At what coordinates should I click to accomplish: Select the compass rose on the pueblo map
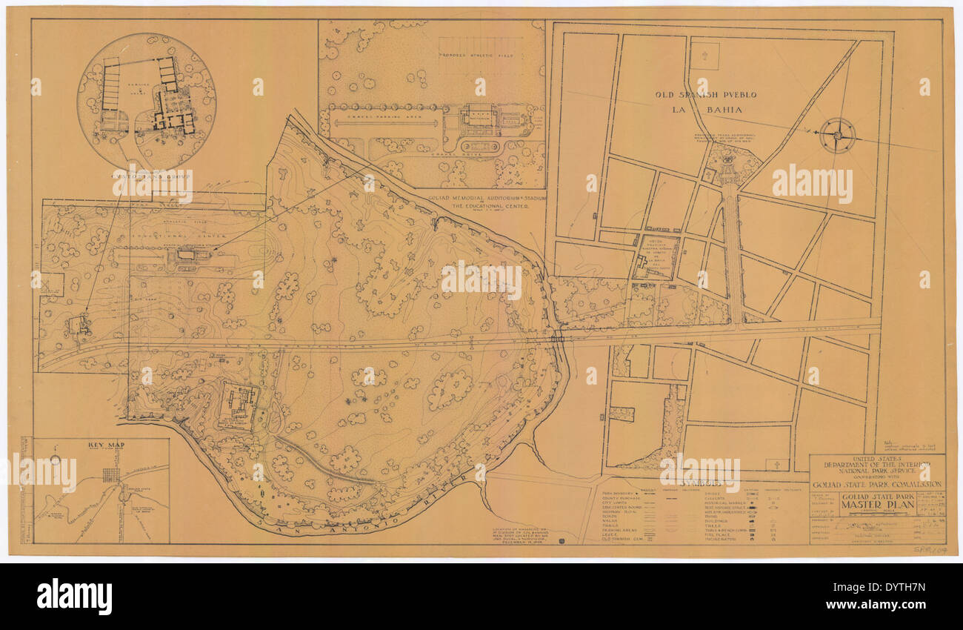(838, 135)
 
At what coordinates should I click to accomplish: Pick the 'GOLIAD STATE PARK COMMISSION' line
(876, 484)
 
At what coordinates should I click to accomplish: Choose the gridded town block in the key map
(111, 475)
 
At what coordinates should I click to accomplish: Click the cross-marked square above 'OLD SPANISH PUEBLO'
(704, 56)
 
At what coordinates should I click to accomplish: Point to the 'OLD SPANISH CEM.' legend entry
(624, 538)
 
